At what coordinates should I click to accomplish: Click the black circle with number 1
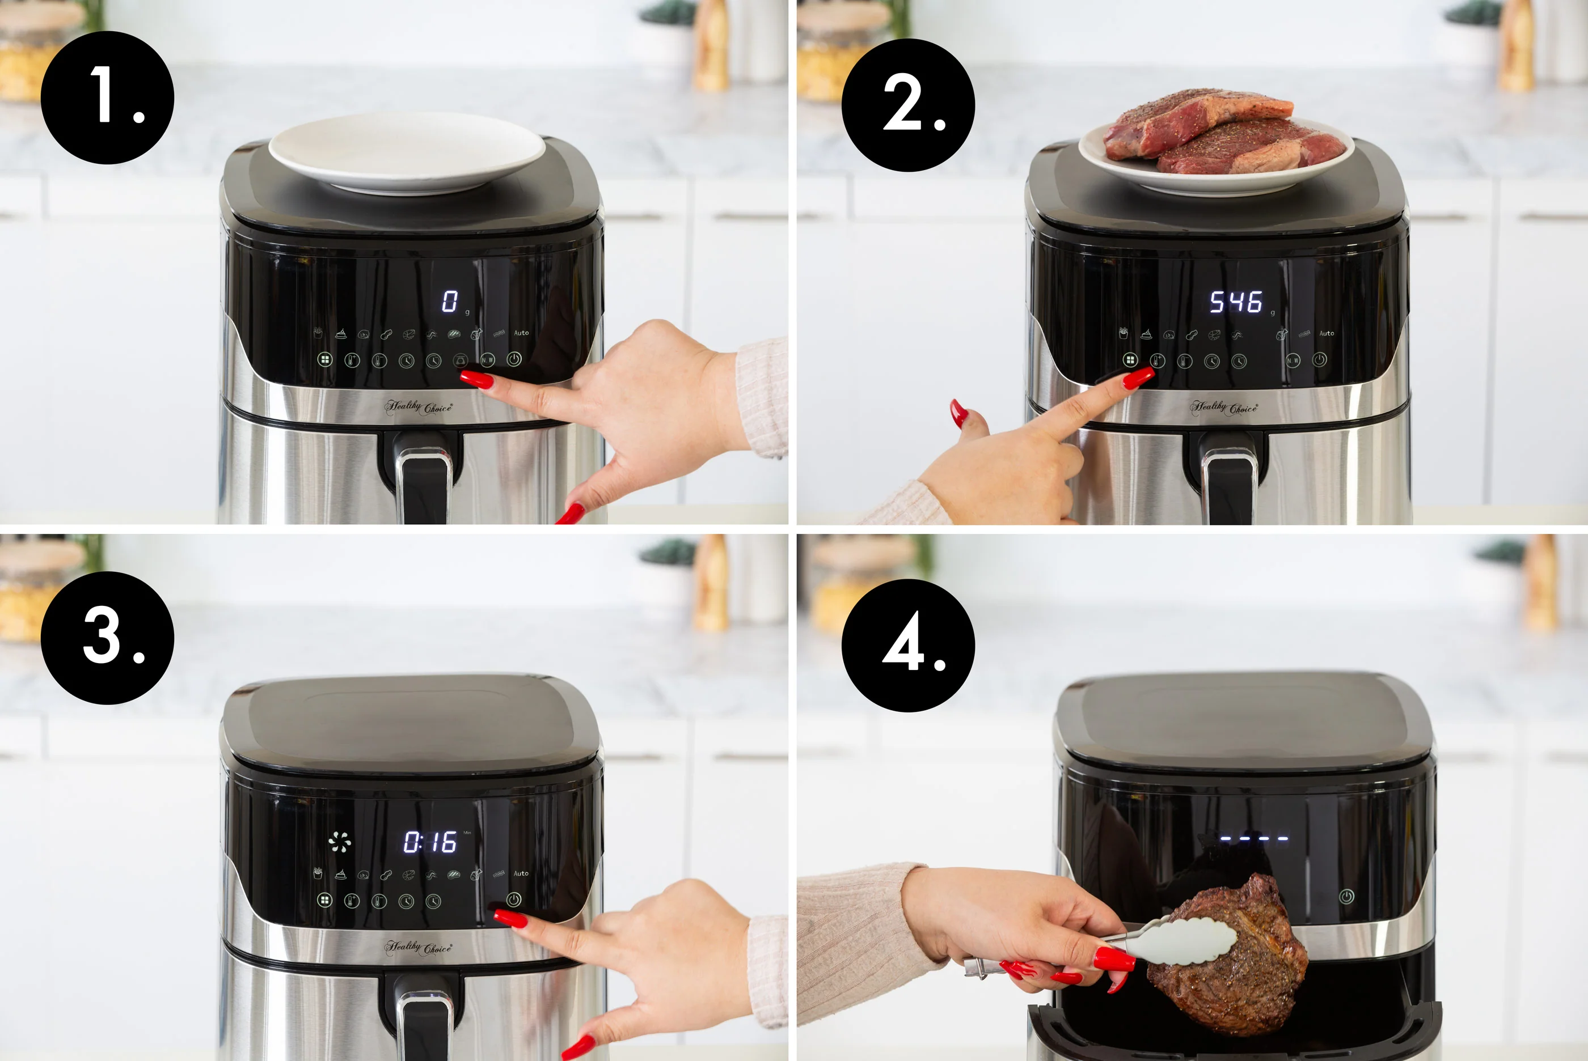point(107,97)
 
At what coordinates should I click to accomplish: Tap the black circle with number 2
point(908,105)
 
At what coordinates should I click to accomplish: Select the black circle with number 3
point(107,638)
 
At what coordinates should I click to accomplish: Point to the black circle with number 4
point(908,645)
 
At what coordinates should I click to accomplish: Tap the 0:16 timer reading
point(430,842)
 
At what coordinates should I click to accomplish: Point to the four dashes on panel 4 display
point(1253,838)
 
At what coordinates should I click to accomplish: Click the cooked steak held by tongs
point(1232,961)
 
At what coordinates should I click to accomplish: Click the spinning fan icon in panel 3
point(339,842)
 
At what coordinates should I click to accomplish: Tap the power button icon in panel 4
point(1346,897)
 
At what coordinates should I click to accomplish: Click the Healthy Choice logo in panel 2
point(1224,408)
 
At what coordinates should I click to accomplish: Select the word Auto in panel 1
point(521,333)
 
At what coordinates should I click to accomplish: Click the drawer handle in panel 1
point(423,474)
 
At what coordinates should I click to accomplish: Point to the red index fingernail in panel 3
point(509,919)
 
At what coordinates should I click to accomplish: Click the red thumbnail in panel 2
point(958,412)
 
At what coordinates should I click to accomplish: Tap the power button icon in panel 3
point(514,899)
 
